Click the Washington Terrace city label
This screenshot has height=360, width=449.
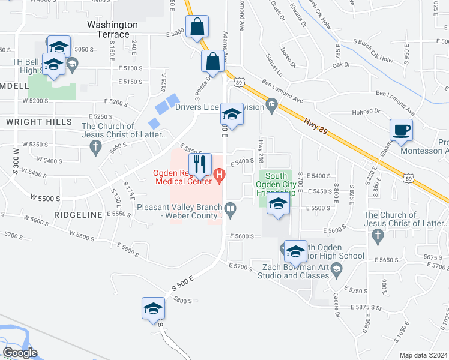pyautogui.click(x=112, y=29)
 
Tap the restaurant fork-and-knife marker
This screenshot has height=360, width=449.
pyautogui.click(x=200, y=163)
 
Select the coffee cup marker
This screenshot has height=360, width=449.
pyautogui.click(x=401, y=129)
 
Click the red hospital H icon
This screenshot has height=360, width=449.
pyautogui.click(x=220, y=176)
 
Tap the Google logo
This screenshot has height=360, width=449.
pyautogui.click(x=20, y=353)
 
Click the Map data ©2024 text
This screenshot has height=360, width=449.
pyautogui.click(x=423, y=355)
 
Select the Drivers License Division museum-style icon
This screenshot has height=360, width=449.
pyautogui.click(x=271, y=107)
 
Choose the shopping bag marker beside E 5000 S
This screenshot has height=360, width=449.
pyautogui.click(x=197, y=26)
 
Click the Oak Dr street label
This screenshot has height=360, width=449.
pyautogui.click(x=340, y=64)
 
